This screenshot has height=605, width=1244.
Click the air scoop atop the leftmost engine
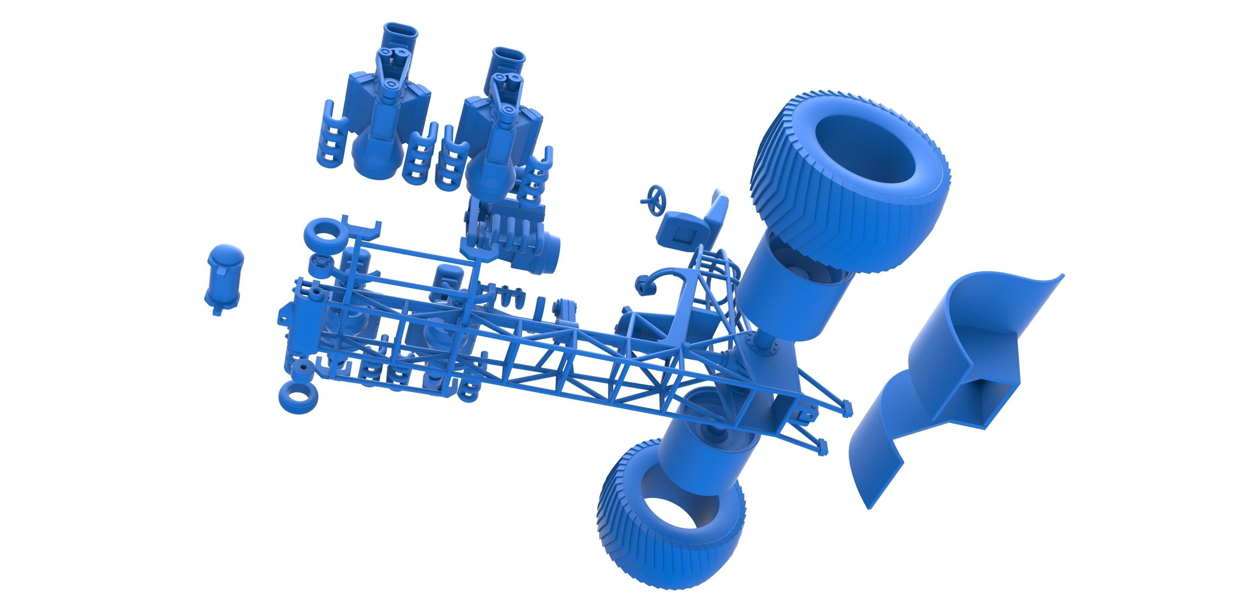coord(400,36)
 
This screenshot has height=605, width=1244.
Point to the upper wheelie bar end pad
coord(846,410)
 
